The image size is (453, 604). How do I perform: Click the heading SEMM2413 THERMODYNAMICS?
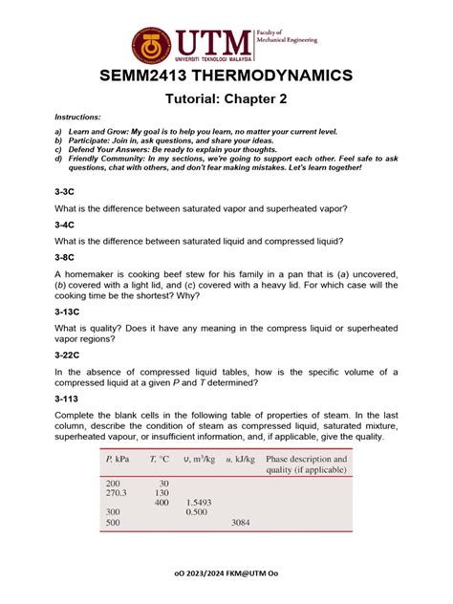click(226, 75)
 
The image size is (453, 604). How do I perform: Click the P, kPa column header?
click(119, 460)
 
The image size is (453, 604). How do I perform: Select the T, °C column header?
click(159, 460)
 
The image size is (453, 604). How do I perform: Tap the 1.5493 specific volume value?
click(199, 503)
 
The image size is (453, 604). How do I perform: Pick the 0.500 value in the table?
click(197, 513)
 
